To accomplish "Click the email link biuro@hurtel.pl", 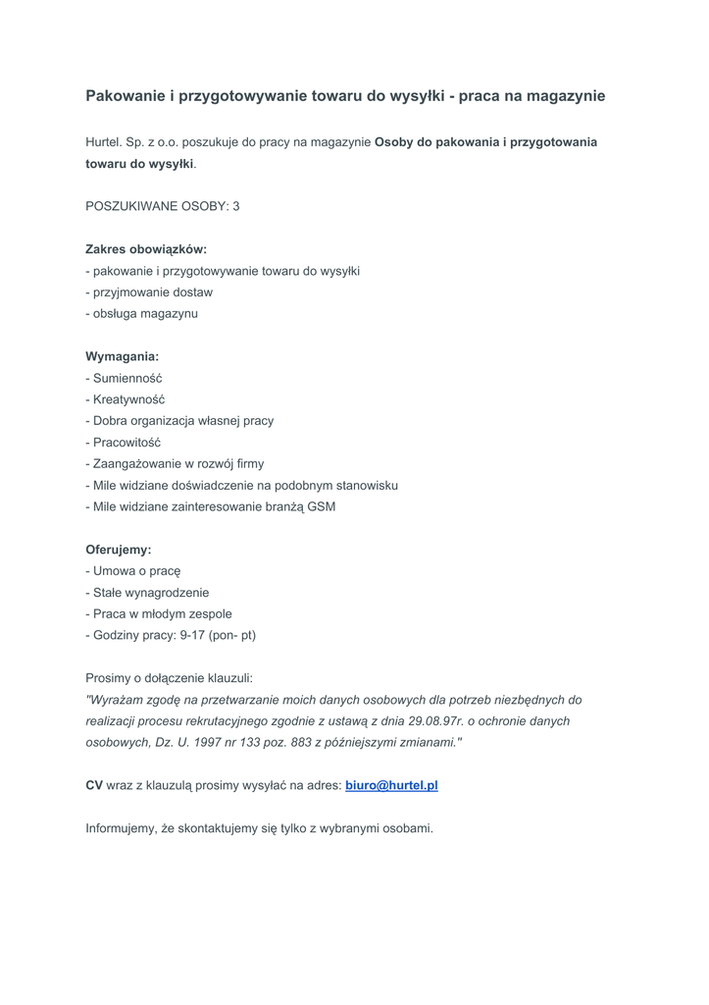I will (x=391, y=786).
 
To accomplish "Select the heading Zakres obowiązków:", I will (x=146, y=249).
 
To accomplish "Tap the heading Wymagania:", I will (x=122, y=356).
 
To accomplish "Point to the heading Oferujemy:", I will (x=119, y=550).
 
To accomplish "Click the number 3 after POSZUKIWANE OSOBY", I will (x=236, y=206).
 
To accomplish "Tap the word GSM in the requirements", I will (x=322, y=506).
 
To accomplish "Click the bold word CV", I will (x=94, y=786).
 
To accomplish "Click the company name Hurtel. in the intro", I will (x=104, y=142).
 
